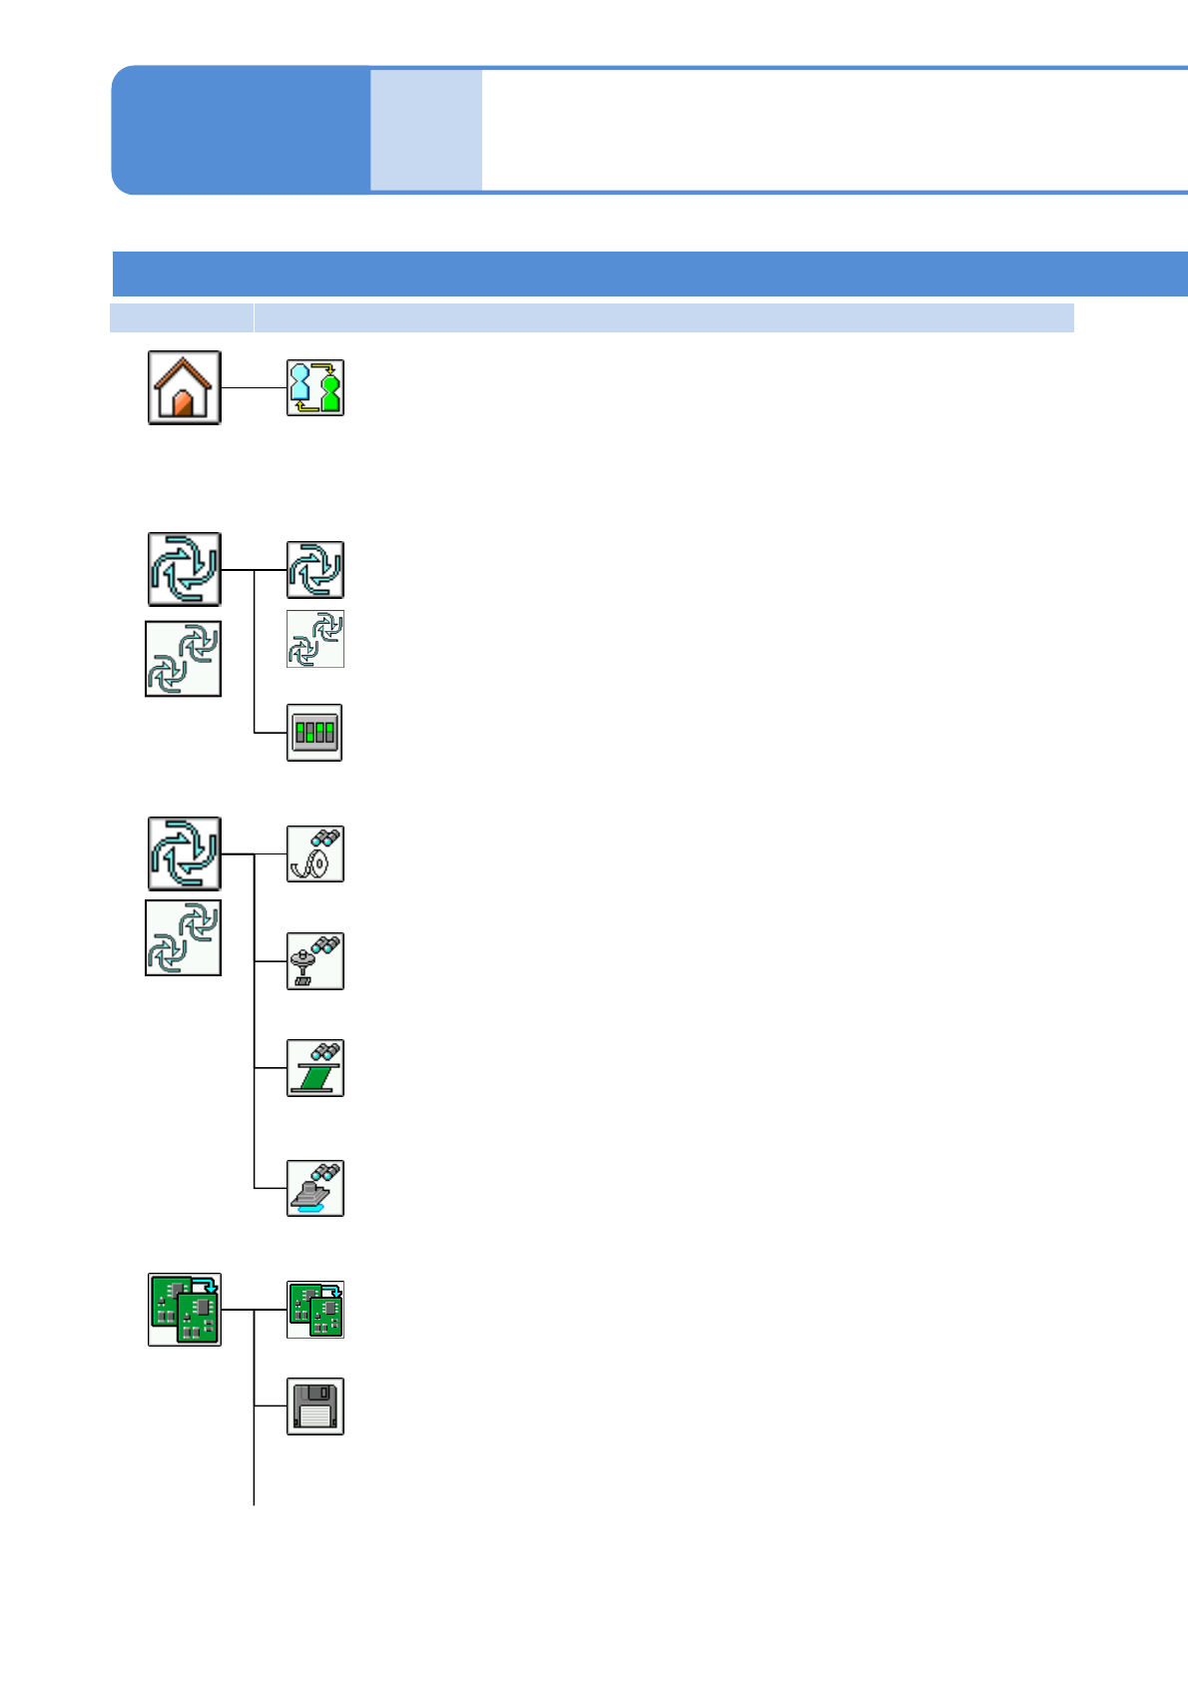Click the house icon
185,387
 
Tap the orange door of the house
183,403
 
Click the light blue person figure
299,384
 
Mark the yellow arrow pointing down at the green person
326,368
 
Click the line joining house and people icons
254,387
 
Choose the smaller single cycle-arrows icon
315,570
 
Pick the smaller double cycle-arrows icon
315,639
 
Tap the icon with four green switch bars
314,733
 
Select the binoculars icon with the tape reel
315,854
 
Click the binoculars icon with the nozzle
315,961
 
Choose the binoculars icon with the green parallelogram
315,1068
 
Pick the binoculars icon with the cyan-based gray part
315,1188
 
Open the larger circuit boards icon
185,1310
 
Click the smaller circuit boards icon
315,1310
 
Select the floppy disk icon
315,1406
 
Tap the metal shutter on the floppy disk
319,1392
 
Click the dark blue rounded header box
240,130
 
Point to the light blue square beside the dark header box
426,130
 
